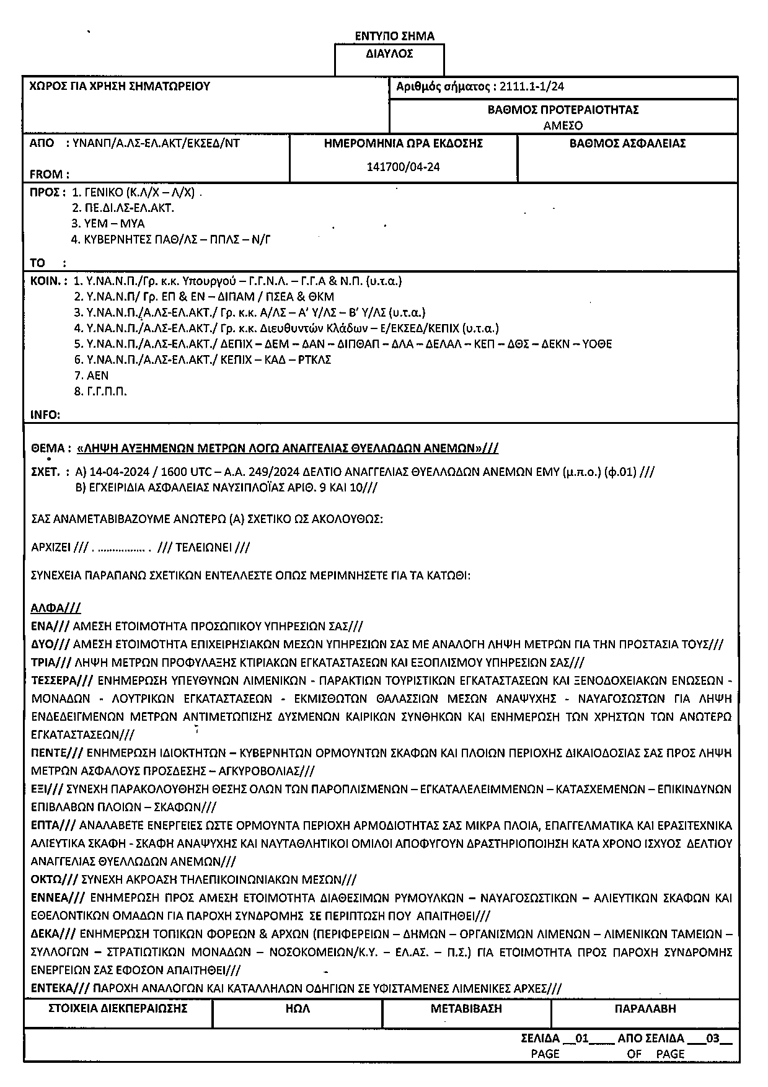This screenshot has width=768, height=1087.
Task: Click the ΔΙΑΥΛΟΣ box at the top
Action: tap(389, 54)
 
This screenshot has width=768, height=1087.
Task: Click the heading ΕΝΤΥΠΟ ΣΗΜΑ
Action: tap(394, 36)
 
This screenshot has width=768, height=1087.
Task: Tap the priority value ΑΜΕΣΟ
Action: tap(563, 125)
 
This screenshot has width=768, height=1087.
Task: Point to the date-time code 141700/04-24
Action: tap(404, 167)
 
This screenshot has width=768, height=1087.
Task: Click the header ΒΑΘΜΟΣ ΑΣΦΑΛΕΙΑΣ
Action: tap(627, 144)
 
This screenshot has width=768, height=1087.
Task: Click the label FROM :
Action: tap(50, 175)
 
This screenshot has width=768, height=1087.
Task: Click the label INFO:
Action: tap(45, 415)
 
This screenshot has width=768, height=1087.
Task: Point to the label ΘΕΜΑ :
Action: tap(51, 448)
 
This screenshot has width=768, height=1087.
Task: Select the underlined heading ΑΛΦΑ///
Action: tap(56, 608)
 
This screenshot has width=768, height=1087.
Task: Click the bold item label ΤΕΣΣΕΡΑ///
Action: tap(62, 680)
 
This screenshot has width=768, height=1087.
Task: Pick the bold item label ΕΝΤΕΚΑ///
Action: tap(61, 988)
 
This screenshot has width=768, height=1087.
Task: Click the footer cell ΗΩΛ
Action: tap(298, 1008)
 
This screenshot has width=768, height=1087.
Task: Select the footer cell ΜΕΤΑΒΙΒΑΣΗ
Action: tap(466, 1008)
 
